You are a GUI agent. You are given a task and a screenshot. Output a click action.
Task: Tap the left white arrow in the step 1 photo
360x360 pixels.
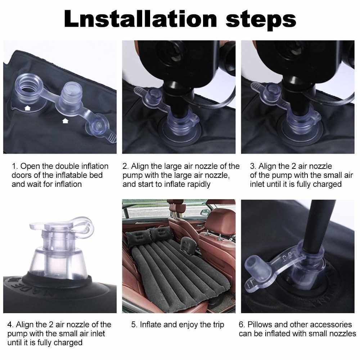(27, 108)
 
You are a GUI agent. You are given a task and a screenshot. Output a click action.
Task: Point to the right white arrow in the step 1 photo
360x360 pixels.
(66, 121)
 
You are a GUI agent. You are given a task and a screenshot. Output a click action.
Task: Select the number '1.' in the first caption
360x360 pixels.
(15, 166)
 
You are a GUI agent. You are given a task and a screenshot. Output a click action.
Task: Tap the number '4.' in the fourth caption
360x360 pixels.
(10, 324)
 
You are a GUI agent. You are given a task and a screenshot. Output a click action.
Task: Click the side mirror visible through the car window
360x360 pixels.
(204, 213)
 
